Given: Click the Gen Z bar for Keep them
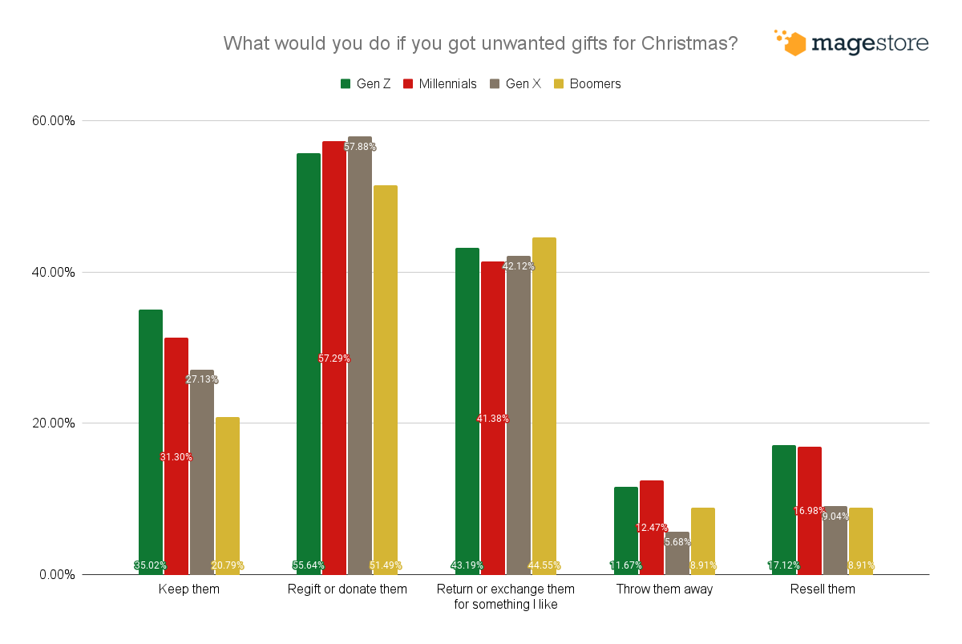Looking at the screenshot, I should [151, 441].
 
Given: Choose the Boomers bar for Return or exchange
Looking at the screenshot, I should [544, 401].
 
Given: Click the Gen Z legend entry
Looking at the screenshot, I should [366, 83].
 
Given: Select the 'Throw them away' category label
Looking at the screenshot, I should [665, 589].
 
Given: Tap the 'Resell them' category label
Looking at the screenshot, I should [823, 589].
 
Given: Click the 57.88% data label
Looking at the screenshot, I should [360, 147].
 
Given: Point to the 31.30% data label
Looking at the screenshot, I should [176, 457].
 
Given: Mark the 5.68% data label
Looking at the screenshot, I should [677, 542].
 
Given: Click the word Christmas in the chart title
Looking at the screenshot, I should [685, 43].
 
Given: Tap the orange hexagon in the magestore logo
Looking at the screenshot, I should [794, 44].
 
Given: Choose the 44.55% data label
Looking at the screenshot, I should [544, 565].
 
